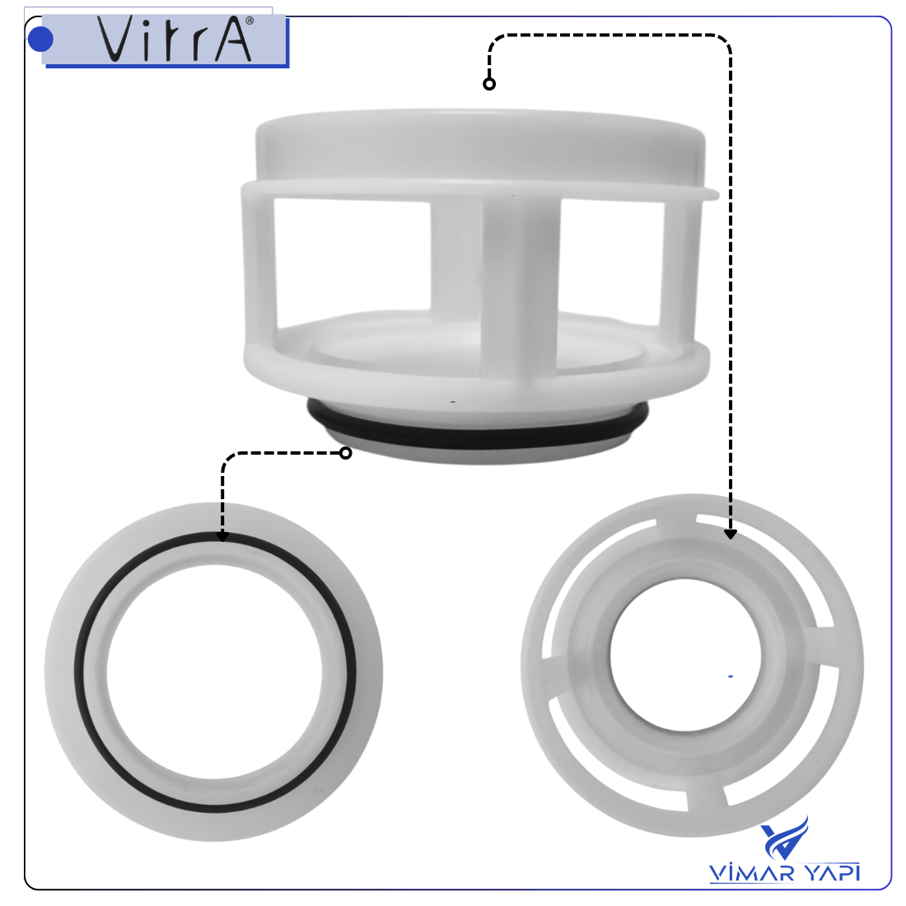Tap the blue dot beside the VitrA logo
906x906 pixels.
(x=40, y=39)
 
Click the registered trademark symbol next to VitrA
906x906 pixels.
(x=250, y=21)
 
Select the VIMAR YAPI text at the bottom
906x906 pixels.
(x=784, y=872)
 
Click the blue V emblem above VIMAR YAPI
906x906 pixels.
(x=785, y=838)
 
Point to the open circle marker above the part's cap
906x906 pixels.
(x=489, y=84)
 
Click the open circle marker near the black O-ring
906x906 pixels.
(x=346, y=453)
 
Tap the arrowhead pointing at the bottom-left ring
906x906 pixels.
(x=222, y=537)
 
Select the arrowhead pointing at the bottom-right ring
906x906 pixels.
(x=731, y=534)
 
